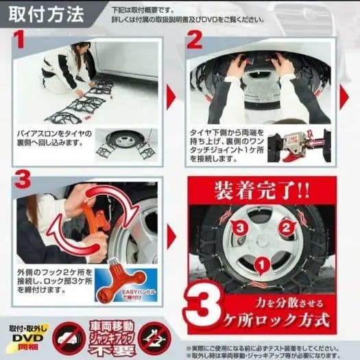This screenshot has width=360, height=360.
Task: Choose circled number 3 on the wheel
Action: [238, 227]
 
